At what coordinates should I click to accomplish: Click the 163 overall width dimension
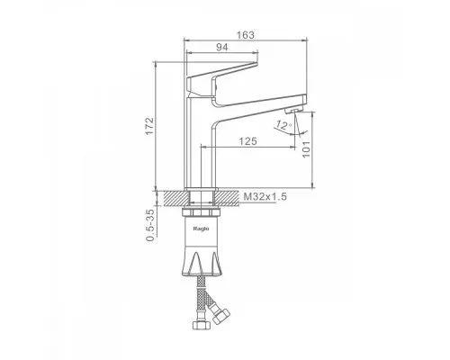(x=246, y=35)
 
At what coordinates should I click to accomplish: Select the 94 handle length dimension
(x=222, y=48)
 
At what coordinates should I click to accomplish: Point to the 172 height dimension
(x=149, y=126)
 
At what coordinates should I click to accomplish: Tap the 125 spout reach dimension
(x=247, y=141)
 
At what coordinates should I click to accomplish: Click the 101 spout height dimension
(x=306, y=149)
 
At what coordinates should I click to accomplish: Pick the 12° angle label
(x=283, y=125)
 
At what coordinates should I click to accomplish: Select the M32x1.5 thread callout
(x=265, y=197)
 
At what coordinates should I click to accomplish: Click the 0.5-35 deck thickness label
(x=150, y=225)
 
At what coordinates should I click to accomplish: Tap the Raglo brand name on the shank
(x=201, y=229)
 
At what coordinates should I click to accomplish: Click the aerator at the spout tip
(x=292, y=111)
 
